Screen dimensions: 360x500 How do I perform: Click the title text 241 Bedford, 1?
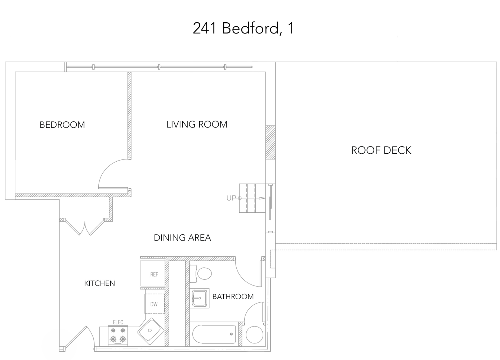[x=243, y=28]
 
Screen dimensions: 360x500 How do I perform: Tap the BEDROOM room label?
[x=62, y=125]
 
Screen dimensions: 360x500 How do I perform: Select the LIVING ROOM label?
[x=197, y=125]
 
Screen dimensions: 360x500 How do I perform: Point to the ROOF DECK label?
[x=381, y=150]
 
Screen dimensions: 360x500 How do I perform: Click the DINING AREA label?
[x=182, y=238]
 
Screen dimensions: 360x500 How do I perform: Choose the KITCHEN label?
[x=99, y=283]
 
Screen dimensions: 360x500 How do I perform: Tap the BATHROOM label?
[x=233, y=297]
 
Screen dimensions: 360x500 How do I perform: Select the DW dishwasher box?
[x=155, y=304]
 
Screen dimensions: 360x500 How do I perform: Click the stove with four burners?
[x=118, y=335]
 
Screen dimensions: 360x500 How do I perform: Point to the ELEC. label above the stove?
[x=119, y=323]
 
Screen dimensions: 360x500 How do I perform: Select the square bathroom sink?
[x=200, y=298]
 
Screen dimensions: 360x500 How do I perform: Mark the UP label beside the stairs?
[x=231, y=198]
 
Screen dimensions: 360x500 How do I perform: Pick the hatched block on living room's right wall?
[x=270, y=143]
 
